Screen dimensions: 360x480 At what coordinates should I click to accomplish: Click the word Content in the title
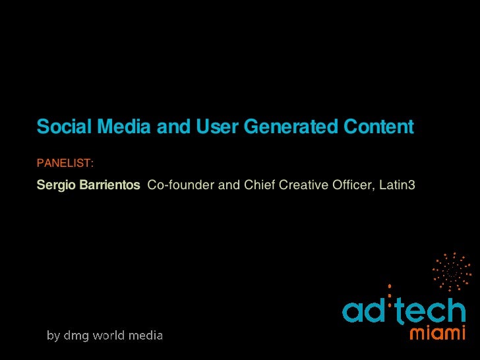[377, 127]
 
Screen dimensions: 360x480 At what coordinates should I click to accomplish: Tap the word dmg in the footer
[77, 336]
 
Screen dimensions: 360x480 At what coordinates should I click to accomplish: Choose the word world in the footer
[111, 336]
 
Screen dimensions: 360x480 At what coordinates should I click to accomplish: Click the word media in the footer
[146, 336]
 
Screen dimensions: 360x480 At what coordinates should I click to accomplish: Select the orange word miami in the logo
[438, 334]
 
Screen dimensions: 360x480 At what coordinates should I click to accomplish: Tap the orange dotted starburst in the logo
[452, 271]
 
